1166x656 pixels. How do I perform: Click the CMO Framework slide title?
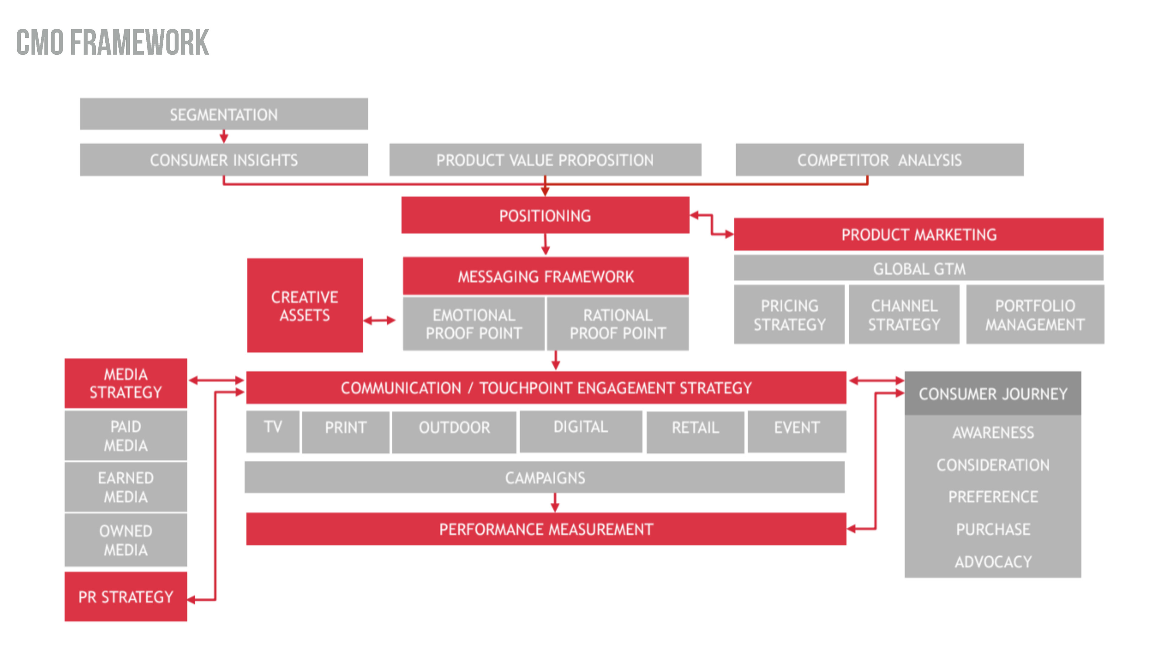point(112,43)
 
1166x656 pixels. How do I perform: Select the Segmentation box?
point(223,114)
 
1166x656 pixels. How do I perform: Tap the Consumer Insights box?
point(223,160)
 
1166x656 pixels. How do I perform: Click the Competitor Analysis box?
point(879,160)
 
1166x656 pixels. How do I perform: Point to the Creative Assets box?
point(305,305)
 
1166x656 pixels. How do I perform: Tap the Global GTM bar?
point(919,268)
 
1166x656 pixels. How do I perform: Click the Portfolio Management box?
point(1035,315)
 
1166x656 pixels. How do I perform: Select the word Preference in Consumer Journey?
point(993,497)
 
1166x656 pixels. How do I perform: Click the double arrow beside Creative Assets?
point(379,320)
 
